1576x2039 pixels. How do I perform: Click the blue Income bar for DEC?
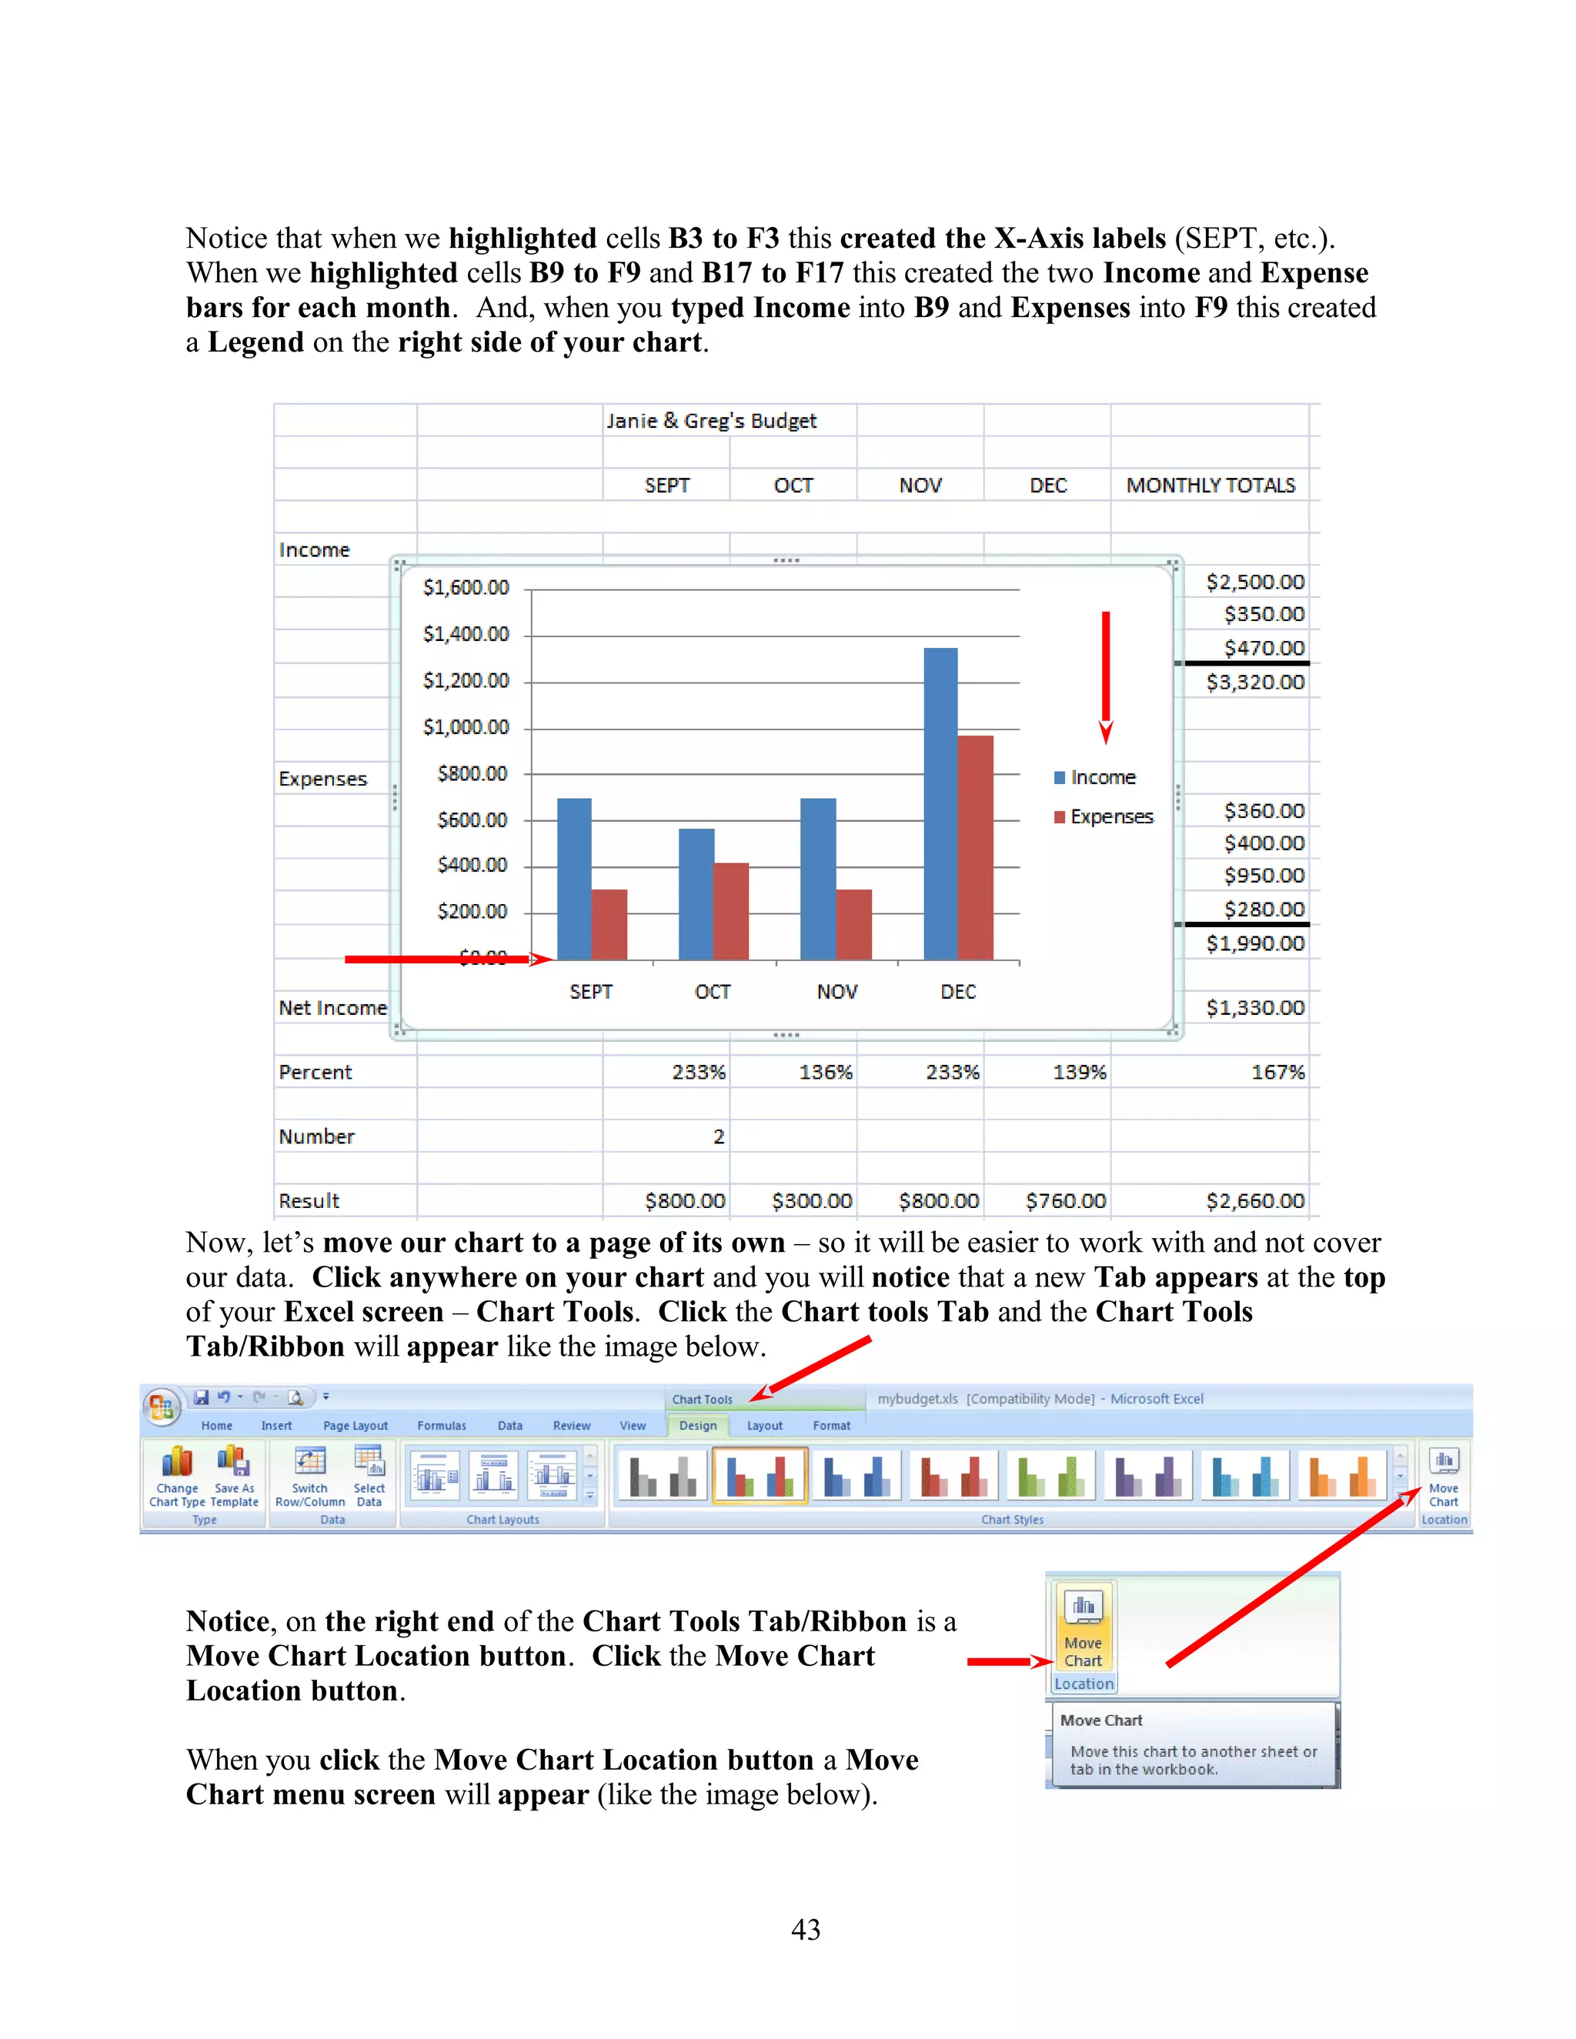point(940,803)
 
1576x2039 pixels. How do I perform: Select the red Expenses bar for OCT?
point(731,910)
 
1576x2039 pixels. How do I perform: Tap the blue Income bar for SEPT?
point(573,878)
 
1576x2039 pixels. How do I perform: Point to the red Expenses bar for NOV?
point(853,924)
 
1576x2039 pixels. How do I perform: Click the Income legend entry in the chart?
point(1103,778)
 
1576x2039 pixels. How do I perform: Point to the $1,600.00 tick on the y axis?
point(466,587)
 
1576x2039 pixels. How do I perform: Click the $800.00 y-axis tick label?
point(472,773)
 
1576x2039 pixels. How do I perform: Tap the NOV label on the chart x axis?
point(836,992)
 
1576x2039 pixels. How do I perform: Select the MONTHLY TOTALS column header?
point(1210,486)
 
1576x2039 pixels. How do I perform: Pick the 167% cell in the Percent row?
point(1277,1073)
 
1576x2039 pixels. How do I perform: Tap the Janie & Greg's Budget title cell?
point(712,421)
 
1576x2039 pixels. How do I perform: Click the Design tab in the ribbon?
point(697,1426)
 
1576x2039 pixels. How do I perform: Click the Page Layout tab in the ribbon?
point(355,1426)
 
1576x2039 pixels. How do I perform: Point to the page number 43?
point(805,1929)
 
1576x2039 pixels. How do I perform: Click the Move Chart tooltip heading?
point(1100,1720)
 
